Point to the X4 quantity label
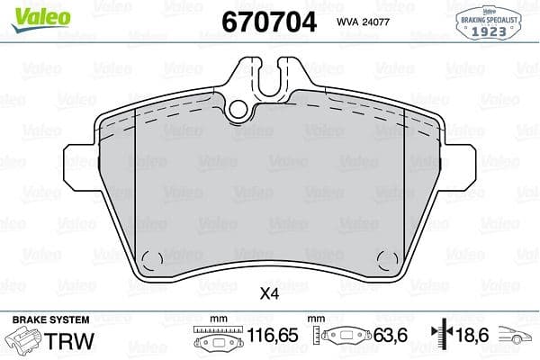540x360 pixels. click(269, 292)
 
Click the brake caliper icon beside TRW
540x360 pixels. click(24, 341)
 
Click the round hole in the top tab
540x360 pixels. click(239, 110)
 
